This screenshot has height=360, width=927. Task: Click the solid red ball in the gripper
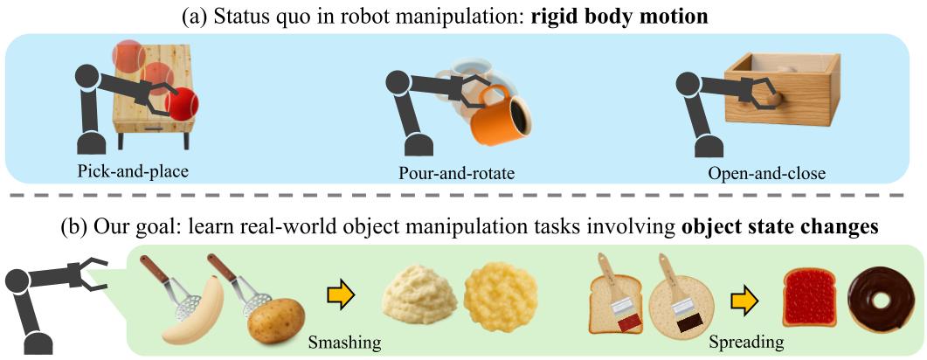pos(182,104)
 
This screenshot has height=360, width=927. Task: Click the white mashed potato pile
pos(419,295)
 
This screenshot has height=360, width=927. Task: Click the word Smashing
pos(344,341)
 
